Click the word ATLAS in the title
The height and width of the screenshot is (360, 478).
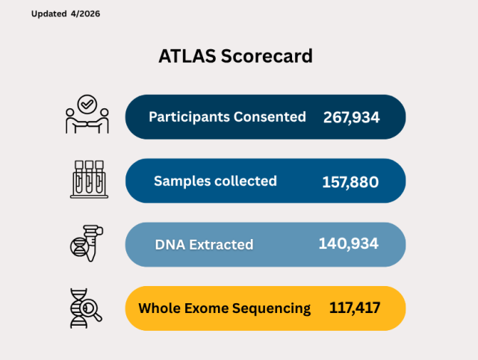(x=187, y=57)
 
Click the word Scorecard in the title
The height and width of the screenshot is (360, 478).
(x=267, y=57)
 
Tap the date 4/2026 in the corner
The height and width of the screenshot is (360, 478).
(x=85, y=14)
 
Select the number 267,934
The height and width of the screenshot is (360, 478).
(x=352, y=117)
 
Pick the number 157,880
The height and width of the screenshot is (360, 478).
(x=350, y=181)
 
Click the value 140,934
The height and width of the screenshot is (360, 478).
(x=348, y=244)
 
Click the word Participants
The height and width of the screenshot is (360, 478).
(x=189, y=117)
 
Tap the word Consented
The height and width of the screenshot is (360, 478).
(x=270, y=117)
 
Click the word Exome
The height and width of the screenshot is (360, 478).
(x=213, y=308)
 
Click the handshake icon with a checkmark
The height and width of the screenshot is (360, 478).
(x=87, y=115)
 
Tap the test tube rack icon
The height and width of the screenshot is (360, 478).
(x=88, y=179)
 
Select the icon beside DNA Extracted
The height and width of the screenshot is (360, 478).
(x=87, y=242)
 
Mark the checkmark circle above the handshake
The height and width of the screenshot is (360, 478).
(x=87, y=103)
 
